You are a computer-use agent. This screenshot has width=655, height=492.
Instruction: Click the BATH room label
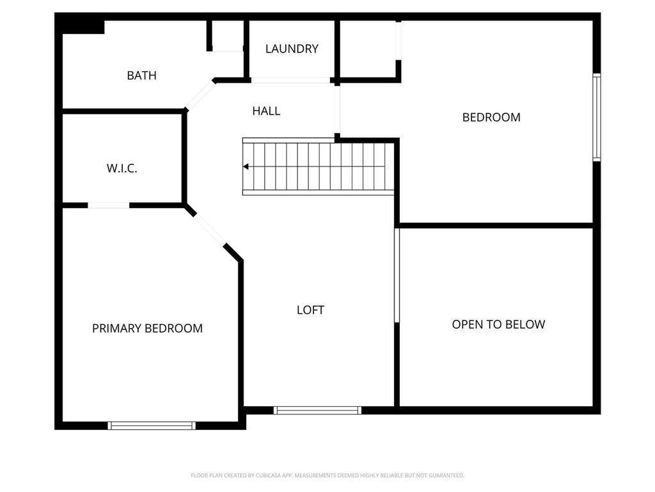click(x=141, y=76)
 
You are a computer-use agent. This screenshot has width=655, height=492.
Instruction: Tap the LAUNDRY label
click(x=292, y=49)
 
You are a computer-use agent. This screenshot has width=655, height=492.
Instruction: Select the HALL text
click(x=266, y=111)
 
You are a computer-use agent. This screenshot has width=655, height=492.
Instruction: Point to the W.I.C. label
click(x=122, y=168)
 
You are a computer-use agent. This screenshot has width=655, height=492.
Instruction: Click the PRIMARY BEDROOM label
click(x=147, y=329)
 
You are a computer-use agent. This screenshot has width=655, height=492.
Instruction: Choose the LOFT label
click(x=310, y=310)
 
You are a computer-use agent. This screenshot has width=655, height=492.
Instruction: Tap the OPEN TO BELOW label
click(x=498, y=324)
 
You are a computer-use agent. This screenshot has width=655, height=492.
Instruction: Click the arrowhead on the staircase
click(x=246, y=167)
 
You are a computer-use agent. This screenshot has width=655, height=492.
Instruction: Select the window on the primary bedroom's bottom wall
click(x=152, y=425)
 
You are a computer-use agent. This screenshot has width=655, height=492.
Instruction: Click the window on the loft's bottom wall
click(x=317, y=411)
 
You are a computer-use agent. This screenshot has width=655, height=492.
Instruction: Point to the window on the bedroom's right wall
click(x=597, y=117)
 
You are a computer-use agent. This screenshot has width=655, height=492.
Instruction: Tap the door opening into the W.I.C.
click(x=109, y=205)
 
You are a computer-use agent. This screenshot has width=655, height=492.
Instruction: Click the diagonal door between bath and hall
click(x=200, y=95)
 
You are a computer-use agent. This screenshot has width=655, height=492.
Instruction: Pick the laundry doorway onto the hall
click(x=290, y=80)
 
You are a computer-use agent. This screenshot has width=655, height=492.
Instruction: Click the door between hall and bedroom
click(x=337, y=110)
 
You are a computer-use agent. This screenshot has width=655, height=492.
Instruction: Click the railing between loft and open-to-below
click(x=397, y=275)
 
